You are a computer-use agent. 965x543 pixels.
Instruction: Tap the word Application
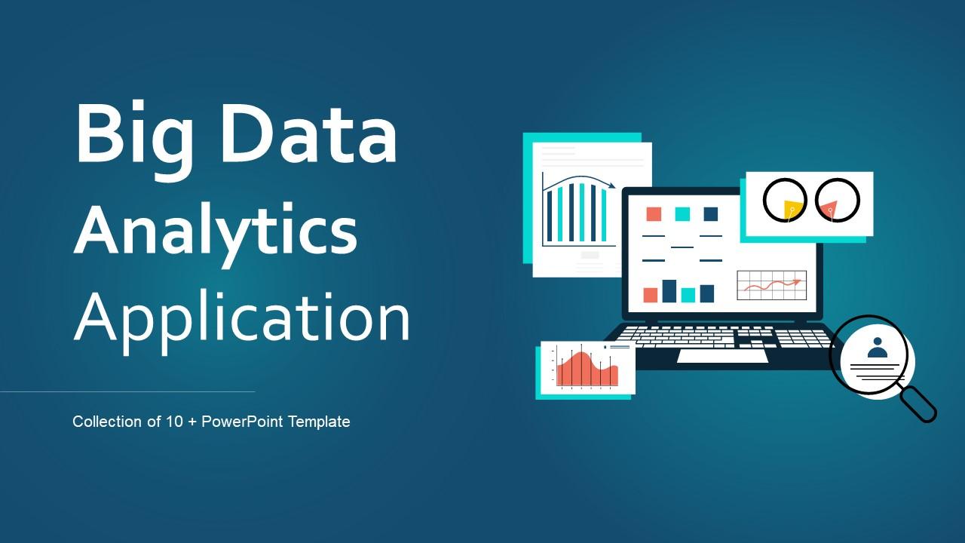(241, 317)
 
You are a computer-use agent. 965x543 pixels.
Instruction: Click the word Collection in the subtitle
(106, 422)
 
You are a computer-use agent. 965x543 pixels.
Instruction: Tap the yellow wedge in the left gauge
(791, 210)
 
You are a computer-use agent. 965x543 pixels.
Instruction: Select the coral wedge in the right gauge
(829, 207)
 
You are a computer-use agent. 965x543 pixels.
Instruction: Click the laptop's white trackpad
(722, 355)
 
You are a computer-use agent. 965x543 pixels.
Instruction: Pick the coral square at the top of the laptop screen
(654, 213)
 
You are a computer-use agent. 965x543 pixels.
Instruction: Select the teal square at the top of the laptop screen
(682, 213)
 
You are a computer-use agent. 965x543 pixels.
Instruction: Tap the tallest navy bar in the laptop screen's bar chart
(669, 290)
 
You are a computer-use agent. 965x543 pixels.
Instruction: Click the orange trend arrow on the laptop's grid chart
(795, 282)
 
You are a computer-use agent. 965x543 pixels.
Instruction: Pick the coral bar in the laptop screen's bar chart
(650, 294)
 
